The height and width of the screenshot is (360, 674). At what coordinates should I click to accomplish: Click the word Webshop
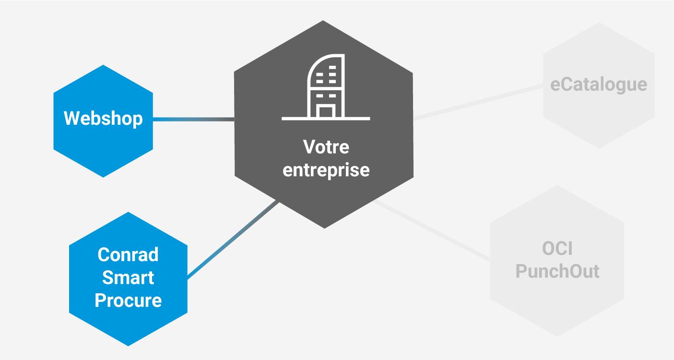click(x=103, y=118)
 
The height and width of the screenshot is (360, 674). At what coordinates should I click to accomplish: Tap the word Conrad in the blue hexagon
click(x=128, y=254)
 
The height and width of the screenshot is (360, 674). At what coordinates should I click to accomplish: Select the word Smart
click(x=128, y=277)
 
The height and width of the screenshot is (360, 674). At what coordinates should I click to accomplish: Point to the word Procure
click(x=128, y=300)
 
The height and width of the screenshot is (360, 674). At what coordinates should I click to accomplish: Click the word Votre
click(x=326, y=147)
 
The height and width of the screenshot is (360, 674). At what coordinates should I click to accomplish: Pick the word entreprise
click(x=326, y=170)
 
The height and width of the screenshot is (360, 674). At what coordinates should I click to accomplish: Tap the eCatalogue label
click(x=599, y=84)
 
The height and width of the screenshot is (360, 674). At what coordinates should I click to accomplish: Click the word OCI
click(x=557, y=249)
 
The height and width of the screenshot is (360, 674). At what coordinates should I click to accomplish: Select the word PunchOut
click(x=557, y=271)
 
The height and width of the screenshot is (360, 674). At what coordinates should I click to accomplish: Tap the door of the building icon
click(x=326, y=112)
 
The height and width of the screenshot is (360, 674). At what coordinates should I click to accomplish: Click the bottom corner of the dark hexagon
click(x=324, y=227)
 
